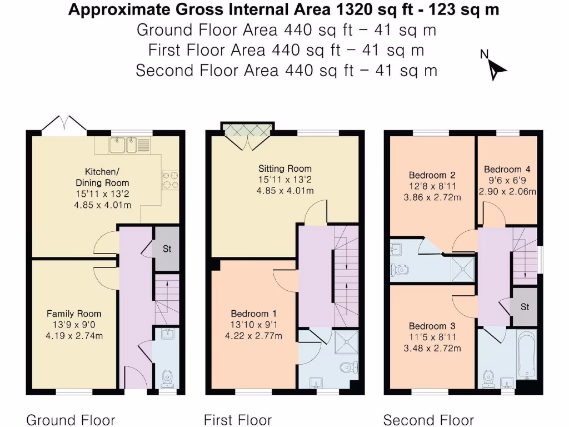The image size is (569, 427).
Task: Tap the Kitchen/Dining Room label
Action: click(103, 177)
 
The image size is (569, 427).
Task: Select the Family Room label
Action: click(74, 314)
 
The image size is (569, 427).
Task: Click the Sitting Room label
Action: click(284, 168)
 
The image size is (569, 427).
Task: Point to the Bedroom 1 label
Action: click(253, 314)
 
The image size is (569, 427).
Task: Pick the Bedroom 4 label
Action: click(507, 170)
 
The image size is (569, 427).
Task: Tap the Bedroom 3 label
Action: click(432, 326)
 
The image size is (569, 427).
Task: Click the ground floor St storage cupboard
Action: click(167, 249)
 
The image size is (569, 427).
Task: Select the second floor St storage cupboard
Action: click(525, 307)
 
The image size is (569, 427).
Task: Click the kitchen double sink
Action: click(123, 145)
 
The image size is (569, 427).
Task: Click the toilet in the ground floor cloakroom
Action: click(167, 379)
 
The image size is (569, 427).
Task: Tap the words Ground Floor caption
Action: click(71, 420)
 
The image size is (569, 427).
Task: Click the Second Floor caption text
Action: click(428, 420)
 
